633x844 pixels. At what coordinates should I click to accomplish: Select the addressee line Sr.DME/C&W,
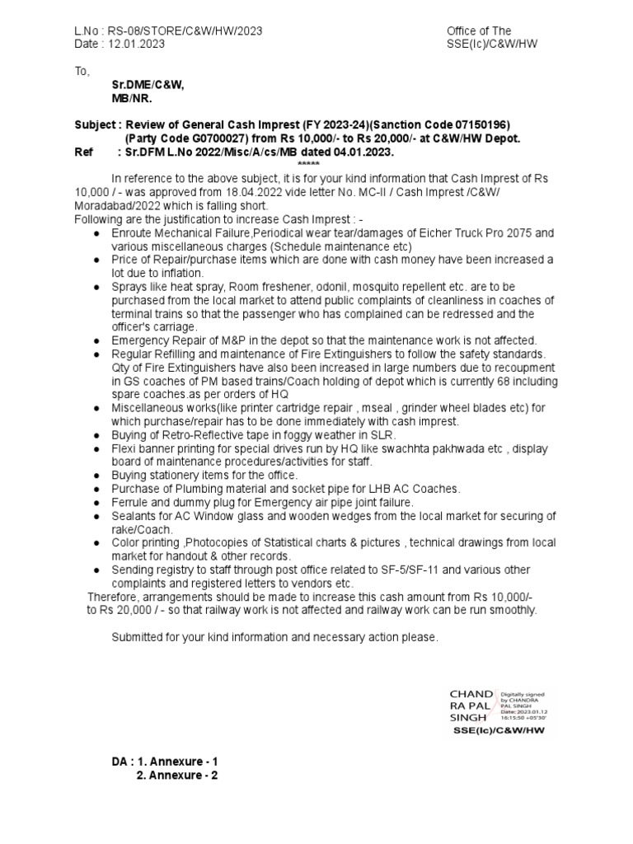(x=148, y=84)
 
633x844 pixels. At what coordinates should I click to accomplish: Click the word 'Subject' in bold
(x=95, y=125)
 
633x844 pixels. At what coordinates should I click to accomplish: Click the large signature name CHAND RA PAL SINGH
(x=471, y=706)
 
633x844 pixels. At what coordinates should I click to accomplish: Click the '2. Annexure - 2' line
(x=176, y=776)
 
